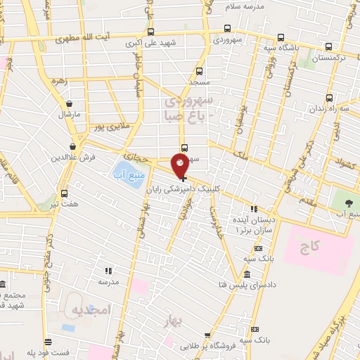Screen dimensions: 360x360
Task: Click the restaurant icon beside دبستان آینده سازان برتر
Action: pyautogui.click(x=255, y=208)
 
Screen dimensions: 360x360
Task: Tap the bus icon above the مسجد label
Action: pyautogui.click(x=200, y=71)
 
